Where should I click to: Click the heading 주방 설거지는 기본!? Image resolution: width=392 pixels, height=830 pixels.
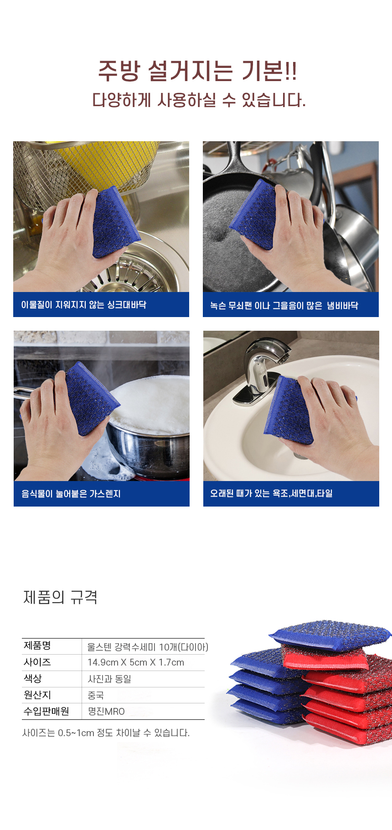tap(197, 71)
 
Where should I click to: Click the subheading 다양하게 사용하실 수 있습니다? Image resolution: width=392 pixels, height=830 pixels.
tap(199, 100)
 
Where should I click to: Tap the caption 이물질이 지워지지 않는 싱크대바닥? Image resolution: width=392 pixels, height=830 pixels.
tap(84, 305)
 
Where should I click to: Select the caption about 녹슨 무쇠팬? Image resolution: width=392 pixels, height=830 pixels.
tap(284, 305)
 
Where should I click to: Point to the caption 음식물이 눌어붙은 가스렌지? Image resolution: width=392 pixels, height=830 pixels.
tap(71, 494)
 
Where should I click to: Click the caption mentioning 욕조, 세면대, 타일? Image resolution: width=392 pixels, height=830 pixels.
tap(271, 493)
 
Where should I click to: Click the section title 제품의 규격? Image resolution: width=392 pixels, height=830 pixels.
tap(60, 597)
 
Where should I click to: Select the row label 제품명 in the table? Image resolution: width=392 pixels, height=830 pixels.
tap(37, 646)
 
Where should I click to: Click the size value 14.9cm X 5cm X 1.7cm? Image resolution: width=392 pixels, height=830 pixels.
tap(136, 662)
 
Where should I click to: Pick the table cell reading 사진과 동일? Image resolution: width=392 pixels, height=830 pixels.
tap(109, 679)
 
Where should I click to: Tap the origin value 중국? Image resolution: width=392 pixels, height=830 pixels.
tap(96, 695)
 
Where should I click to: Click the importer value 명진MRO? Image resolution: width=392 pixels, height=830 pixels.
tap(106, 711)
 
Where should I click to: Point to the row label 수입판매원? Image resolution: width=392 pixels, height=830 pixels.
tap(46, 711)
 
